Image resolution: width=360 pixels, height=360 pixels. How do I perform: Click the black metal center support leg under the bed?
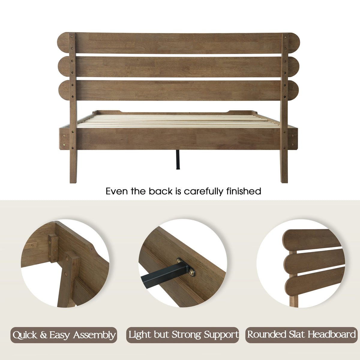click(x=178, y=160)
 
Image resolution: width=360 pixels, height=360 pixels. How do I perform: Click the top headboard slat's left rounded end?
click(x=63, y=43)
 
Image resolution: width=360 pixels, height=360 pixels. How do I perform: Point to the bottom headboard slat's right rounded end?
click(x=293, y=90)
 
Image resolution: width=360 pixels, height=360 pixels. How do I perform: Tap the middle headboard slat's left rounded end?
click(x=64, y=67)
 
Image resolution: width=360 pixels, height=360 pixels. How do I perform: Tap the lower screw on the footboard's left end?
click(x=64, y=145)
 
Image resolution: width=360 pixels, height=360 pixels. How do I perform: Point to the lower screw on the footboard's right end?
click(x=292, y=145)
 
